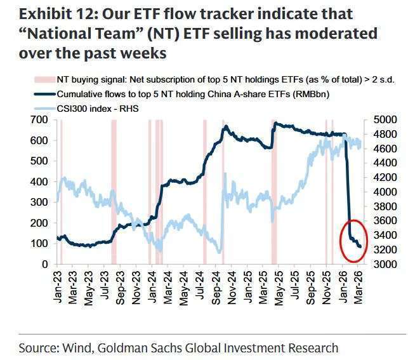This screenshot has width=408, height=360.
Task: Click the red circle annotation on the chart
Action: (x=346, y=239)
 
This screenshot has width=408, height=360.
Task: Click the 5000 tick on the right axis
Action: (x=384, y=121)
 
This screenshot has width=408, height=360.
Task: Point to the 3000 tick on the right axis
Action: (x=384, y=264)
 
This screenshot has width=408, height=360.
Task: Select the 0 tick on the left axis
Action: (x=46, y=264)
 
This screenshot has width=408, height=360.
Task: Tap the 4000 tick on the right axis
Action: (x=384, y=192)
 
